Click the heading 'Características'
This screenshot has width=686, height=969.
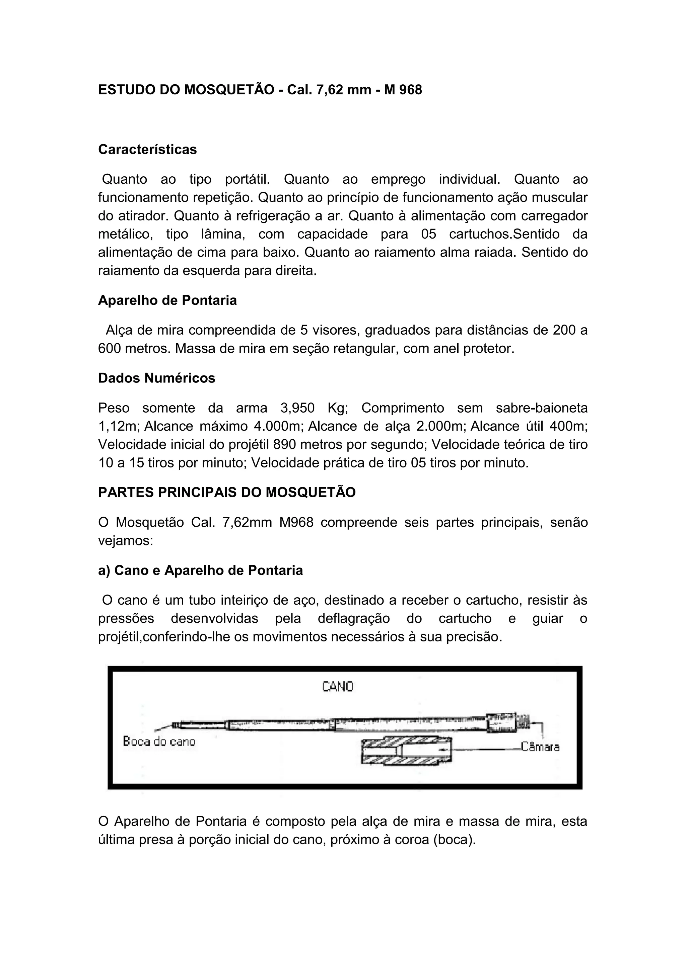[147, 150]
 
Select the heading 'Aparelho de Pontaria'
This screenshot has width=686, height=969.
[167, 300]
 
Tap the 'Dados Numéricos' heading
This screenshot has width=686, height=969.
[157, 378]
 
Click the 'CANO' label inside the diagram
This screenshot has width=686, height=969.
[338, 687]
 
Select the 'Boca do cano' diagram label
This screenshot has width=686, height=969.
[159, 741]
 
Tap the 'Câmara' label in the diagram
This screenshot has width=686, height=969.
[540, 747]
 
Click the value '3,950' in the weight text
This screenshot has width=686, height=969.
[297, 408]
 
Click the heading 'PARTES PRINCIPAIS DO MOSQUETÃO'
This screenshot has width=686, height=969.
[227, 492]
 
